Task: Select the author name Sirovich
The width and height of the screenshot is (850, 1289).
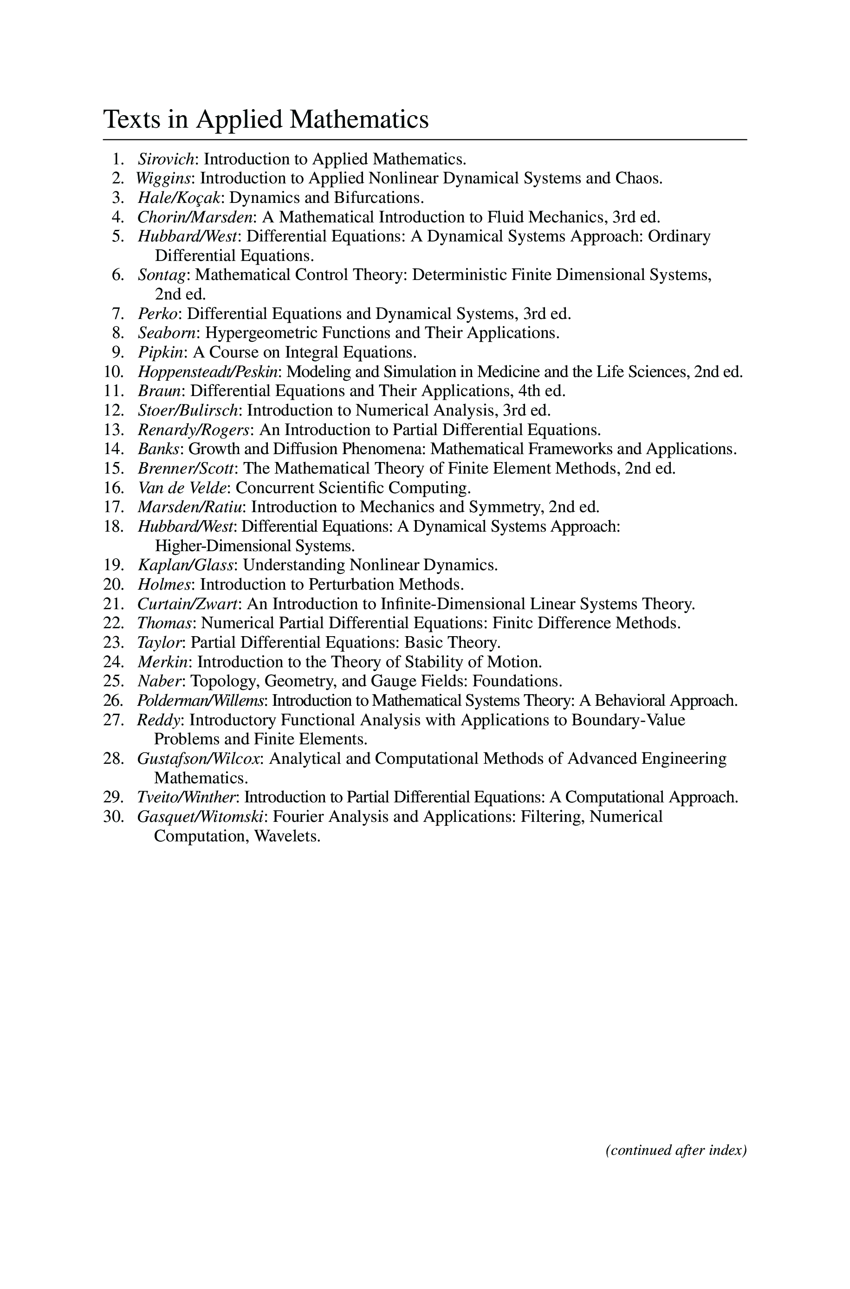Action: click(x=166, y=159)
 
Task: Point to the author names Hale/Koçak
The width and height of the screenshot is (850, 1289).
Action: click(x=180, y=197)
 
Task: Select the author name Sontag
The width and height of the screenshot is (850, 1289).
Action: click(x=162, y=275)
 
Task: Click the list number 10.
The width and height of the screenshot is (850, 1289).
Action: click(x=114, y=372)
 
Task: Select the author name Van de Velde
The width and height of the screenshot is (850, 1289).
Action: click(x=182, y=488)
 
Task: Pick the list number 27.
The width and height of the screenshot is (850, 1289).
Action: click(x=114, y=720)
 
